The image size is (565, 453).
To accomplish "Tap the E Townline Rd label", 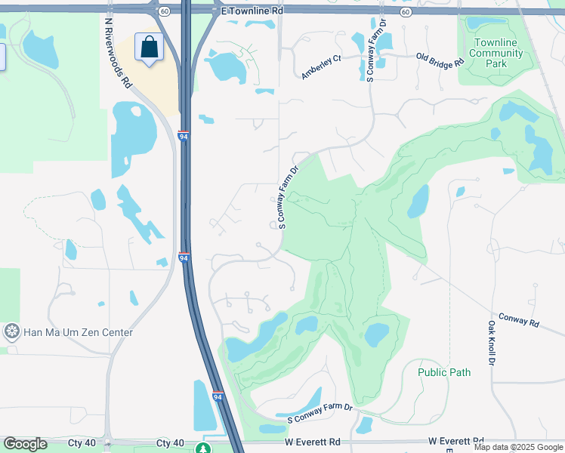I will [251, 13].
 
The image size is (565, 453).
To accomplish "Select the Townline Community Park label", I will [496, 53].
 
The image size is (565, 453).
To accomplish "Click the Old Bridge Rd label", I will [440, 60].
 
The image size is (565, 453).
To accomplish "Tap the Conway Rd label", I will [519, 321].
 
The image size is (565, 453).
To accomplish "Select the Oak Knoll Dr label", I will [491, 343].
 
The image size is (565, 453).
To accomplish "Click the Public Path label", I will [444, 372].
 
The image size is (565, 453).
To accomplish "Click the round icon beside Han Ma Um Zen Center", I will [11, 331].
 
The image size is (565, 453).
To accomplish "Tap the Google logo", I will [25, 444].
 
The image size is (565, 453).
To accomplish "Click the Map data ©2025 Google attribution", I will [518, 447].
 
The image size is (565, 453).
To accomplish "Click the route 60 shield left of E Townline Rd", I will [164, 11].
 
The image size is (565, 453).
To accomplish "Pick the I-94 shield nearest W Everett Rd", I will [218, 396].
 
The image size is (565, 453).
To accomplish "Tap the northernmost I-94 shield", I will [183, 136].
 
